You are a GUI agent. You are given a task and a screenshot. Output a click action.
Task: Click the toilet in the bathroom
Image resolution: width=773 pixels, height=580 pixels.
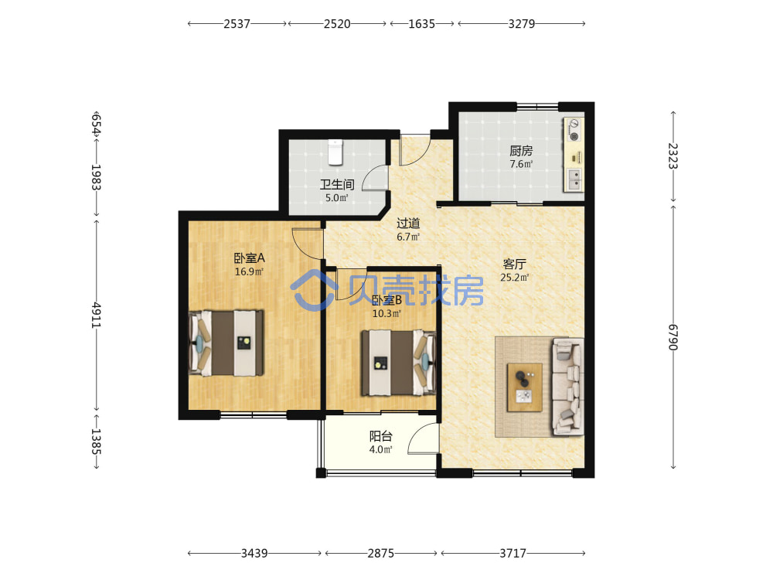click(x=335, y=152)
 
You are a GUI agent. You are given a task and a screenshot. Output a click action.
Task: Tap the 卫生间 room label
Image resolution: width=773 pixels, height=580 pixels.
click(x=337, y=185)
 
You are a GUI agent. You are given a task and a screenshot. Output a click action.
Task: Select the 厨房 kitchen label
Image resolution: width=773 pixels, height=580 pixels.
click(x=521, y=151)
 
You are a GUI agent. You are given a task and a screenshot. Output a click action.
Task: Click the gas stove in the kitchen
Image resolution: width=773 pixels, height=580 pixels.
click(x=574, y=130)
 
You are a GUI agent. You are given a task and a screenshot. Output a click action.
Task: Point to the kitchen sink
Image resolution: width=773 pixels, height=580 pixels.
click(x=574, y=179)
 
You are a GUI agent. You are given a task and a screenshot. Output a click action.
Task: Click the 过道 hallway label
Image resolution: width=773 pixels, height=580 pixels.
click(x=408, y=223)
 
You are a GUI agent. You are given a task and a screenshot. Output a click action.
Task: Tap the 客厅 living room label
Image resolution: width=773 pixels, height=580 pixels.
click(x=514, y=264)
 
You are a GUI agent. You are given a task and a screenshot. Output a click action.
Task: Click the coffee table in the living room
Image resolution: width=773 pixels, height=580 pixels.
click(x=525, y=387)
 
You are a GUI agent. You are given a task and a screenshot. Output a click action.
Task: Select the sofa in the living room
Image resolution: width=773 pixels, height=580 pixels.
click(x=568, y=387)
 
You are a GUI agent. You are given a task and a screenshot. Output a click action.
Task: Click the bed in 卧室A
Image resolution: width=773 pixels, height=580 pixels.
click(x=226, y=343)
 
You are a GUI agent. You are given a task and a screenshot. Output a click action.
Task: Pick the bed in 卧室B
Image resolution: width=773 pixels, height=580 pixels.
click(x=398, y=363)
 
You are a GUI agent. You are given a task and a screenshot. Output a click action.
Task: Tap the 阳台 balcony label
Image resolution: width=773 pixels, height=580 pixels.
click(x=381, y=436)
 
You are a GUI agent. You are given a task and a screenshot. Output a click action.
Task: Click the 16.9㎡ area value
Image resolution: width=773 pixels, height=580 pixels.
click(x=249, y=271)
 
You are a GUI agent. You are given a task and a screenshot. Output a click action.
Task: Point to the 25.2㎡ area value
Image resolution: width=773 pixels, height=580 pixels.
click(x=514, y=278)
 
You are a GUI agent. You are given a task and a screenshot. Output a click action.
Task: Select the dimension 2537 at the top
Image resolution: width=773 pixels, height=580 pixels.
click(x=237, y=24)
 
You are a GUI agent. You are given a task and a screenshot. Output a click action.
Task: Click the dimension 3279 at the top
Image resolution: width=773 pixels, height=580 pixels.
click(x=522, y=24)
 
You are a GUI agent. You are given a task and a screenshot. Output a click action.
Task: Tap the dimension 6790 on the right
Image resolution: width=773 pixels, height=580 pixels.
click(x=673, y=337)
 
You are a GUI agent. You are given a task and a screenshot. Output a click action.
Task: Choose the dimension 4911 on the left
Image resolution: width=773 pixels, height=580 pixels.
click(x=96, y=316)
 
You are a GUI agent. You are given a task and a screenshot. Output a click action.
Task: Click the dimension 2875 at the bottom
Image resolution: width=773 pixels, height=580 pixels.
click(x=380, y=554)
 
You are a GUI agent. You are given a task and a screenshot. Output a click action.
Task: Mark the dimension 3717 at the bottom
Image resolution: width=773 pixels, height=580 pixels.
click(x=512, y=554)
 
